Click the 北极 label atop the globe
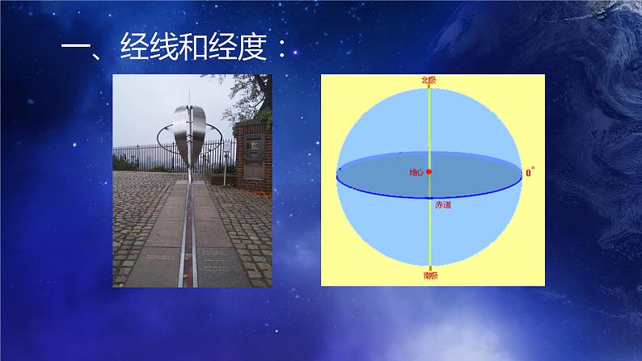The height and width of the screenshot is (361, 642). tap(429, 80)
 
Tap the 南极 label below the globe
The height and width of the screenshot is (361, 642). tap(430, 275)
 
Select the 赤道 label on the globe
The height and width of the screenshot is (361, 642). tap(444, 204)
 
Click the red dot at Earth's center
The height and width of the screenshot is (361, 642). tap(429, 172)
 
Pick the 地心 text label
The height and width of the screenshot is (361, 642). tap(416, 172)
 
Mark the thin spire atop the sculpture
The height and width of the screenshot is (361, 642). tap(188, 97)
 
